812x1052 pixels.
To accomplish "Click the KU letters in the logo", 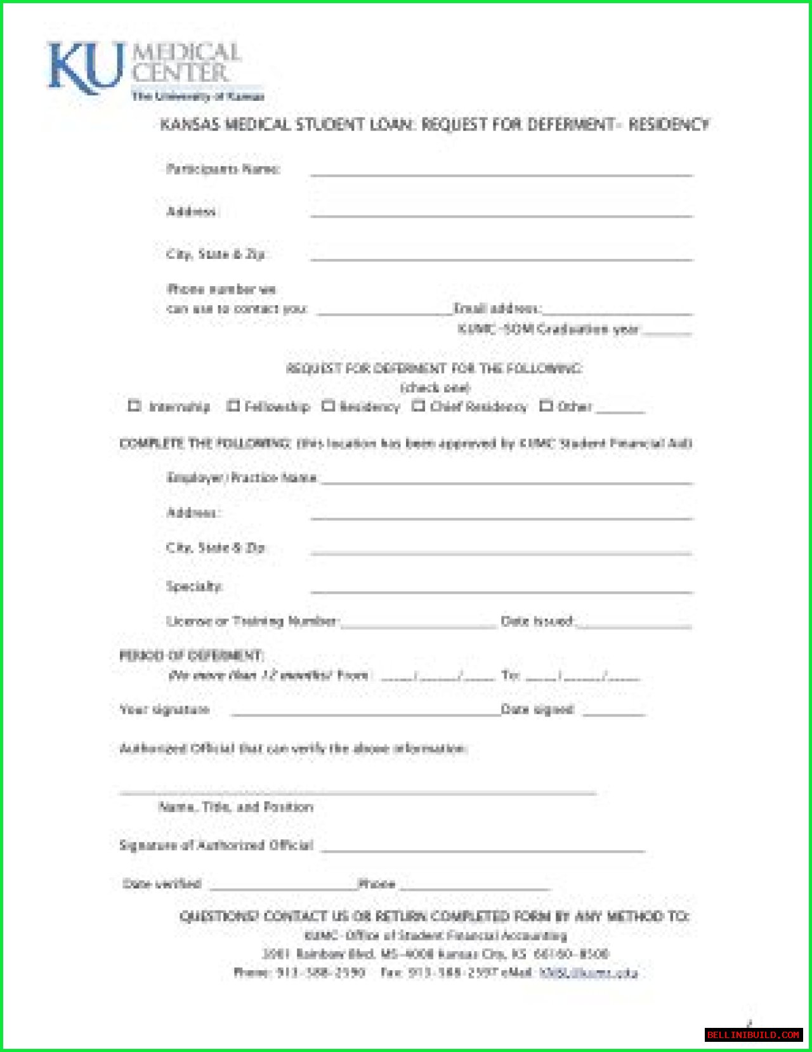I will point(84,68).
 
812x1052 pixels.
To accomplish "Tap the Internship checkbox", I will point(134,405).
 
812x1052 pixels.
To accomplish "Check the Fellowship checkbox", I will point(233,405).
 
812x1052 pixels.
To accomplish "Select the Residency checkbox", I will point(328,405).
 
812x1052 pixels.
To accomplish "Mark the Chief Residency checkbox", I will point(418,405).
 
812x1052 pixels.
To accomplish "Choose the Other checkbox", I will point(546,405).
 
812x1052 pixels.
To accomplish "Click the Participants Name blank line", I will point(501,173).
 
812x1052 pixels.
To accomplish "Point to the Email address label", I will point(497,308).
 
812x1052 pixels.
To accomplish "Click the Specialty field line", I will point(501,591).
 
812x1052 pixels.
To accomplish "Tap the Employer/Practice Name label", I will point(242,478).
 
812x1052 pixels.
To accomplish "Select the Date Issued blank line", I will point(634,626).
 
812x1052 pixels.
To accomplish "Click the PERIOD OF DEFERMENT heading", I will point(191,655).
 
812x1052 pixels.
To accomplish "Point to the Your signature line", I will point(365,713).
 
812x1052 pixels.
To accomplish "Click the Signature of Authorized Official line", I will point(483,850).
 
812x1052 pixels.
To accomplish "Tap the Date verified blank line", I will point(283,888).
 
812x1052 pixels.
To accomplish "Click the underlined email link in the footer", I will point(588,973).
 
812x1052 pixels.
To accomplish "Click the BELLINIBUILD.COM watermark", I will point(753,1035).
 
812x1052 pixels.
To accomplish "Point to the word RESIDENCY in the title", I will point(669,124).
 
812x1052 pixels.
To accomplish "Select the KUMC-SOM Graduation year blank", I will point(667,332).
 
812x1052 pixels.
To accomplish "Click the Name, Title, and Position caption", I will point(236,807).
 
